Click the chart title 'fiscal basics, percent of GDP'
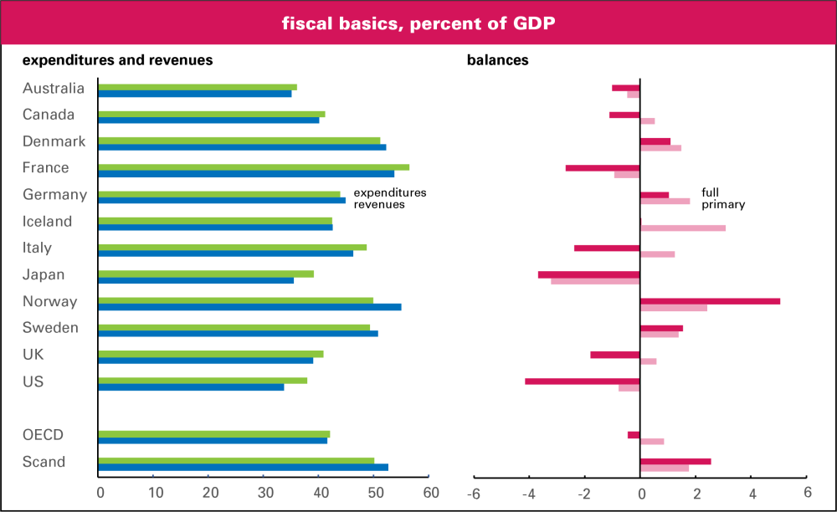tap(418, 23)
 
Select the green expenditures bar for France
tap(254, 166)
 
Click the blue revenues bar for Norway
tap(249, 307)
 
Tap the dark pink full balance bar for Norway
tap(710, 301)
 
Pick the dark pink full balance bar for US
tap(583, 381)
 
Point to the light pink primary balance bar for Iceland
tap(683, 228)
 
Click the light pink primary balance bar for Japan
tap(595, 280)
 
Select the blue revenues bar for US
tap(191, 387)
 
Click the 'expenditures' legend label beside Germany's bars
tap(390, 192)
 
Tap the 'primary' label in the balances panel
tap(723, 204)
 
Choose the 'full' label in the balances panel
tap(710, 192)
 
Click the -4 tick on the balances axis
tap(529, 493)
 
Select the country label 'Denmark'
tap(54, 141)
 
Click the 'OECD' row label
tap(44, 435)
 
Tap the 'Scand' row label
tap(44, 462)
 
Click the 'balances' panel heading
tap(497, 60)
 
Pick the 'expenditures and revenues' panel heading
tap(117, 60)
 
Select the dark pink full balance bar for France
tap(603, 167)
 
